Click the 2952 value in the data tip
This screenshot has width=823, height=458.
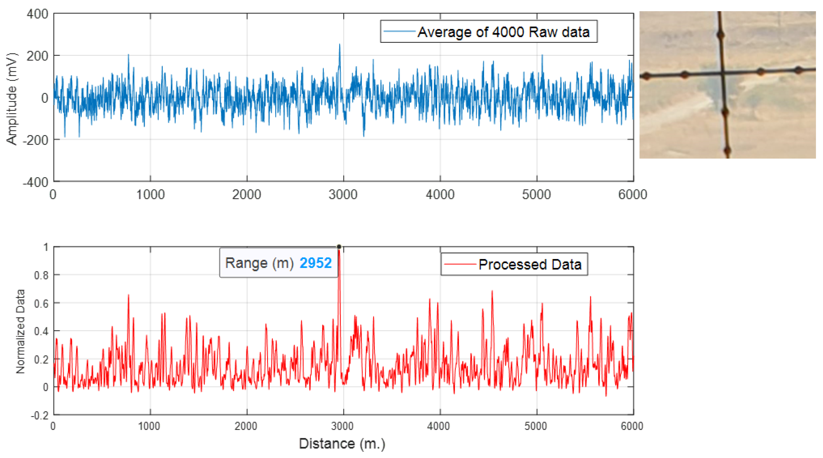(x=315, y=263)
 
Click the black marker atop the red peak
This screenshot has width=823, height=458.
(x=339, y=247)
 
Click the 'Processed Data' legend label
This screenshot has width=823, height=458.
(x=530, y=265)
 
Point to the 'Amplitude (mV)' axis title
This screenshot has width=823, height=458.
(x=12, y=98)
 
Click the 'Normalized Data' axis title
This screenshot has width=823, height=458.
(x=20, y=331)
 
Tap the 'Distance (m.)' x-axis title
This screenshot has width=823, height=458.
(x=342, y=444)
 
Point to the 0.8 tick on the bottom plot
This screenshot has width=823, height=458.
(x=41, y=275)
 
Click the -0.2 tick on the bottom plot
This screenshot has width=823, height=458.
(x=40, y=416)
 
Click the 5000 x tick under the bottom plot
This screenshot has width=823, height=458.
(x=536, y=426)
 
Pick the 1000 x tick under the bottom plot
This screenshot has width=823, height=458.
(x=149, y=426)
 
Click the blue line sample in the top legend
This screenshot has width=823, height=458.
(x=399, y=31)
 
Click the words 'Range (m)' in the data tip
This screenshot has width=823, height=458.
(x=259, y=263)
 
